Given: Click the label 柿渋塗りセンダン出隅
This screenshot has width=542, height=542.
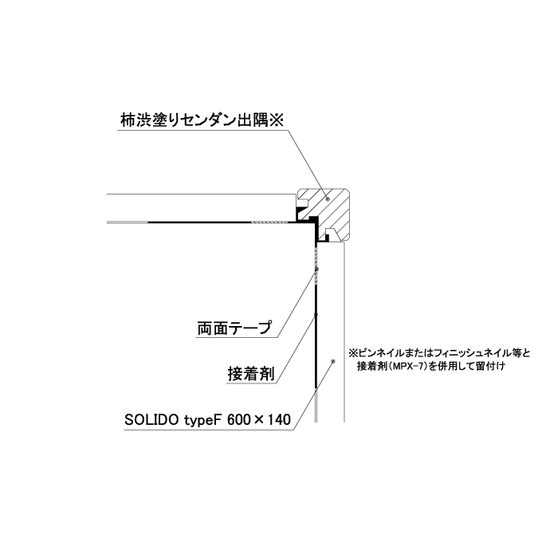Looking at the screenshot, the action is coord(194,120).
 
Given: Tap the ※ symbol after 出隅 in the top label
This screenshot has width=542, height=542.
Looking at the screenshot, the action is coord(277,120).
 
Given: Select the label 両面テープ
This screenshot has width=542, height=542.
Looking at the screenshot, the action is coord(234,328).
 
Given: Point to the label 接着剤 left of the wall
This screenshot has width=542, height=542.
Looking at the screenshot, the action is coord(251,373).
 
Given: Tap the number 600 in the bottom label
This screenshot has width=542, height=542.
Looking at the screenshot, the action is coord(238,420).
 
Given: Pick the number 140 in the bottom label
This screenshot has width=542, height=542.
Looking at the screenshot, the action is coord(279,420).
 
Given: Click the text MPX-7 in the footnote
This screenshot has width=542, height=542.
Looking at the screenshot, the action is coord(407,366).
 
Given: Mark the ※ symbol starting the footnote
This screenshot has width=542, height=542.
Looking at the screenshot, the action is coord(352,353).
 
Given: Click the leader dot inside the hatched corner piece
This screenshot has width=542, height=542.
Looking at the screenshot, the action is coord(328,198).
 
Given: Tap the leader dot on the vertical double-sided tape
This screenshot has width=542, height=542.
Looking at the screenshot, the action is coord(317,269).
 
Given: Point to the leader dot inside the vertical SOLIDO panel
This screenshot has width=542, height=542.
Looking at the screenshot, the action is coord(333,361).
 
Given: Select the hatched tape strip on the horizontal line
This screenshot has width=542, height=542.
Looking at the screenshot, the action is coord(269,222).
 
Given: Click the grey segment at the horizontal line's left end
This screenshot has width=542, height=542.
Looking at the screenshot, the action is coord(128,222).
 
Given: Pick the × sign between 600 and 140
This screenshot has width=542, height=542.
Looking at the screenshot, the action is coord(259,420).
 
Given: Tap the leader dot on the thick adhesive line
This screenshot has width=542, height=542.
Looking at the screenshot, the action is coord(316,314).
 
